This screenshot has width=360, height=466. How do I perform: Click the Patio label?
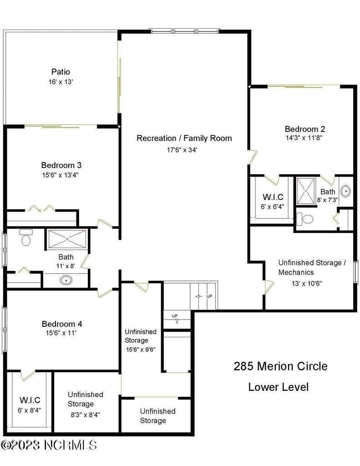tap(61, 71)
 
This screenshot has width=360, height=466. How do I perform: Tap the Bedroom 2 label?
tap(304, 129)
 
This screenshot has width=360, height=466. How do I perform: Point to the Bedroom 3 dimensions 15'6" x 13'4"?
tap(61, 174)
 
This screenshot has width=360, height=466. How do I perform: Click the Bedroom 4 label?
tap(61, 324)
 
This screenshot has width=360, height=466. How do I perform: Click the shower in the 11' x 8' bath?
tap(67, 239)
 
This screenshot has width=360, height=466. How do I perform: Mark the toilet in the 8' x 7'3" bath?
tap(307, 219)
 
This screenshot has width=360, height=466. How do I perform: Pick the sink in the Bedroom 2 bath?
tap(345, 191)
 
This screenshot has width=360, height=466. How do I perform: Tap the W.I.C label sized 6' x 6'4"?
tap(273, 197)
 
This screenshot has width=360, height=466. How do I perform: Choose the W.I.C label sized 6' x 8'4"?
tap(30, 400)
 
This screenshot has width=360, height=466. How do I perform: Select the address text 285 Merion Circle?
tap(280, 366)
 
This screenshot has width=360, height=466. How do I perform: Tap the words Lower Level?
tap(278, 387)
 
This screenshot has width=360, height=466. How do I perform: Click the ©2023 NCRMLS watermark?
tap(49, 445)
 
